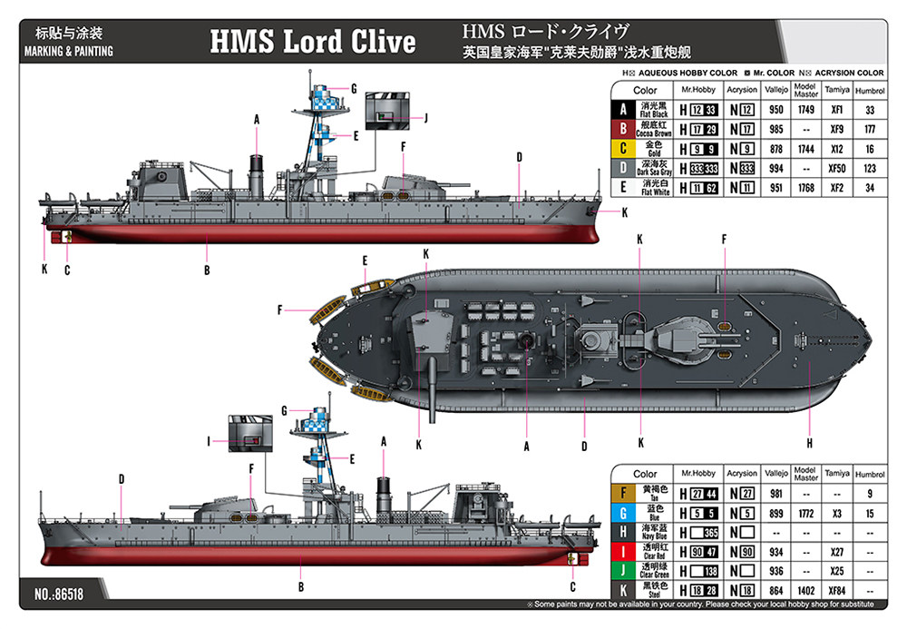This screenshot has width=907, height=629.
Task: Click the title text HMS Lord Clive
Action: tap(313, 41)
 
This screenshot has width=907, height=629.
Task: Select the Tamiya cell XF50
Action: tap(837, 168)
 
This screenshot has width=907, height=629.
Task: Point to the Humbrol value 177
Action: tap(869, 129)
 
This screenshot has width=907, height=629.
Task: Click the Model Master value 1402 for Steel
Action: tap(805, 590)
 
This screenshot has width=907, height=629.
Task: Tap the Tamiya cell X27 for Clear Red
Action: tap(837, 551)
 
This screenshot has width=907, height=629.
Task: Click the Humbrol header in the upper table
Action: tap(869, 91)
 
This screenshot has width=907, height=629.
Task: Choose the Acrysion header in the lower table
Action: tap(742, 474)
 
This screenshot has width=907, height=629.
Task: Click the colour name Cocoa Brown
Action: tap(654, 133)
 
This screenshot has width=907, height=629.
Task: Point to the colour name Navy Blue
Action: tap(654, 536)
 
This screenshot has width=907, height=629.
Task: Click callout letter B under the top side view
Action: tap(207, 270)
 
